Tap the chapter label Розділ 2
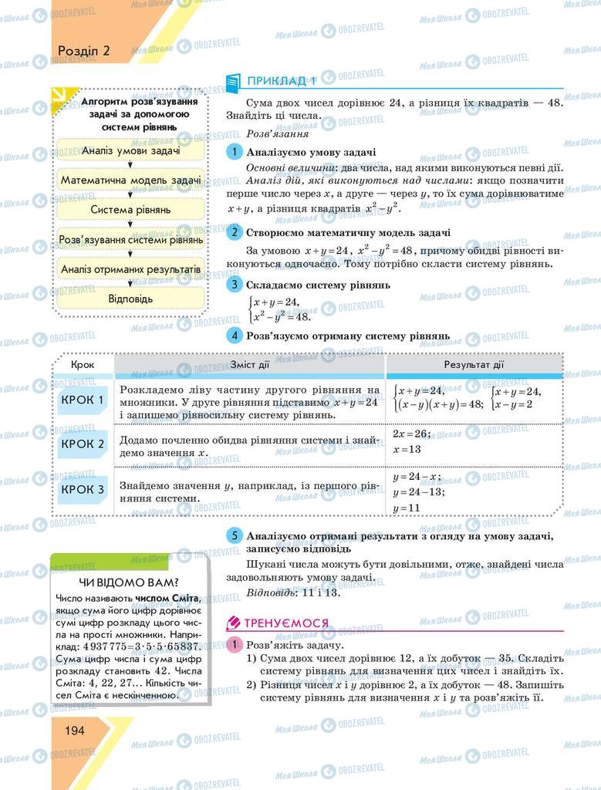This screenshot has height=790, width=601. pyautogui.click(x=84, y=51)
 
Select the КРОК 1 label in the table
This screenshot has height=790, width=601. pyautogui.click(x=83, y=400)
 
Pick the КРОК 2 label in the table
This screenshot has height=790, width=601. pyautogui.click(x=83, y=444)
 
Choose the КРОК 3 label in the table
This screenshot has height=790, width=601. pyautogui.click(x=83, y=488)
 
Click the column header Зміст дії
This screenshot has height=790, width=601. pyautogui.click(x=251, y=365)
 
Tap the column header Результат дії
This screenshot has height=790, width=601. pyautogui.click(x=474, y=365)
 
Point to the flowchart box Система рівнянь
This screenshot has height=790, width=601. pyautogui.click(x=130, y=210)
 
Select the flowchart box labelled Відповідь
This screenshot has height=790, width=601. pyautogui.click(x=130, y=299)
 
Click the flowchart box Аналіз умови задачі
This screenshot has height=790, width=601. pyautogui.click(x=130, y=150)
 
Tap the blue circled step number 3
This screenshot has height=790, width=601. pyautogui.click(x=235, y=285)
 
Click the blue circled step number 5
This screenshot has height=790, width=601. pyautogui.click(x=235, y=535)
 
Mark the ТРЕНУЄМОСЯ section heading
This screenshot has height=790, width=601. pyautogui.click(x=286, y=623)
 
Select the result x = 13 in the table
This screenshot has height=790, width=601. pyautogui.click(x=407, y=449)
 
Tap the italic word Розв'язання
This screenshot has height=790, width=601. pyautogui.click(x=272, y=133)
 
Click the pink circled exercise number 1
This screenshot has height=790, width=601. pyautogui.click(x=235, y=644)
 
